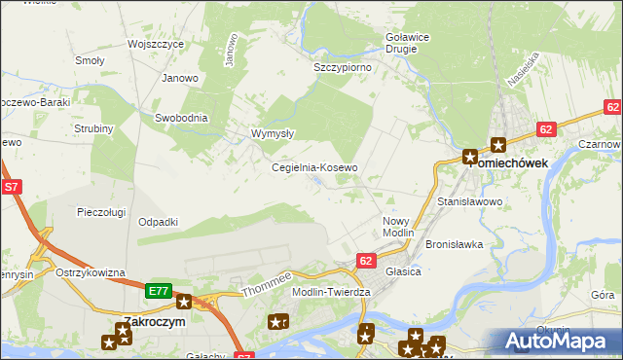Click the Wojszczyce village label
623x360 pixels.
click(x=156, y=45)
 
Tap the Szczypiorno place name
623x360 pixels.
click(x=342, y=68)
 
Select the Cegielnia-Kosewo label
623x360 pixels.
click(x=314, y=167)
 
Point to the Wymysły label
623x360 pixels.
click(x=273, y=133)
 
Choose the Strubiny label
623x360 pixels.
click(x=93, y=128)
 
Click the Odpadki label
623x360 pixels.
click(x=158, y=222)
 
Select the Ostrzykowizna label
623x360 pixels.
click(x=91, y=272)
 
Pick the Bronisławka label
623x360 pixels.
click(x=455, y=244)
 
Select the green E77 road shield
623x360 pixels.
click(x=160, y=290)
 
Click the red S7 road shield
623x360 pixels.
click(x=12, y=186)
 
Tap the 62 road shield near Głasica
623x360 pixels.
click(x=366, y=261)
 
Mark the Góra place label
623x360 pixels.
click(x=603, y=294)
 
